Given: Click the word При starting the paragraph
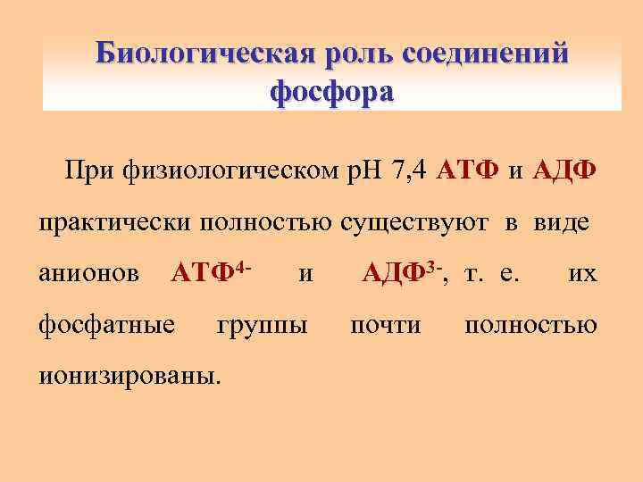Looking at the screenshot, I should click(87, 170).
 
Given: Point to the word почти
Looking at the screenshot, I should click(386, 325).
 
